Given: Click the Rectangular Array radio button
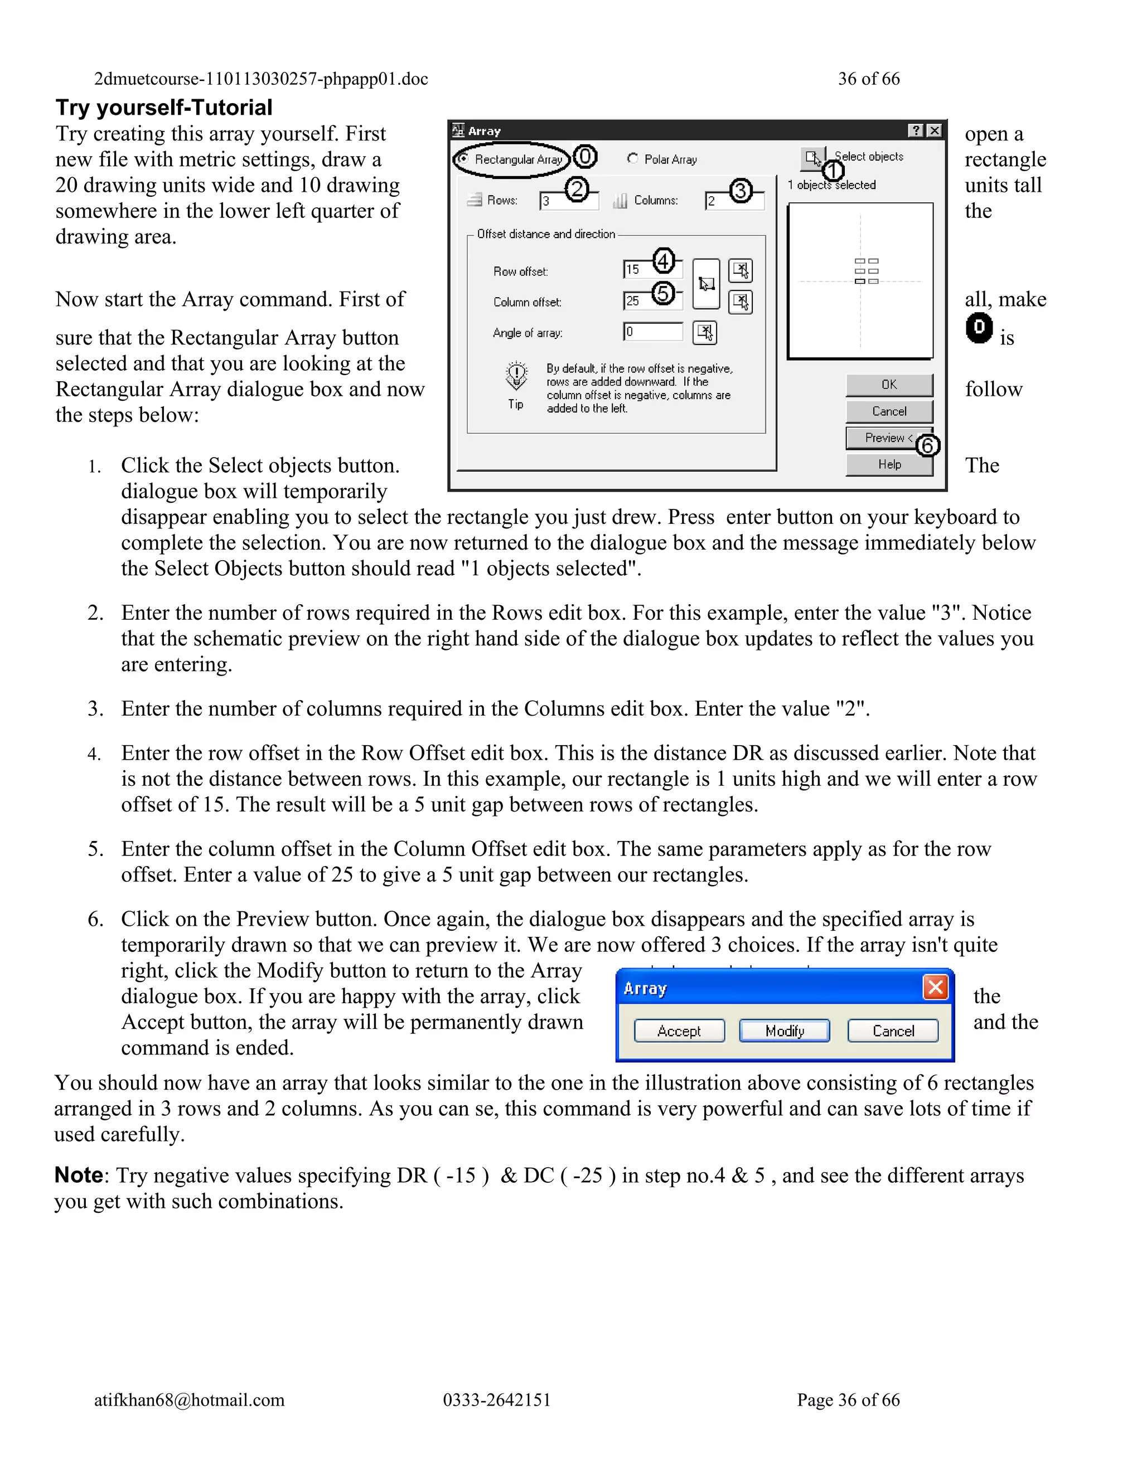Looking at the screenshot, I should pos(463,159).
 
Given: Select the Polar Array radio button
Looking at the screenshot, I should pos(632,158).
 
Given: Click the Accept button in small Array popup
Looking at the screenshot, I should pos(679,1031).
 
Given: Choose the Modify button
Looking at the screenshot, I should pos(784,1031).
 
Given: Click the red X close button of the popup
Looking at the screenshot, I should pos(935,988).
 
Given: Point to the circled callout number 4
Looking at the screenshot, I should pos(663,260).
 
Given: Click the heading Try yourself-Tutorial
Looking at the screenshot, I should pos(164,108).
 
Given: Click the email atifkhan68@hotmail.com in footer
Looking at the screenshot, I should pos(190,1399).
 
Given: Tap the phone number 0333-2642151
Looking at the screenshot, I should pos(497,1399).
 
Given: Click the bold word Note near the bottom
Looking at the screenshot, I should pos(79,1175).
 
